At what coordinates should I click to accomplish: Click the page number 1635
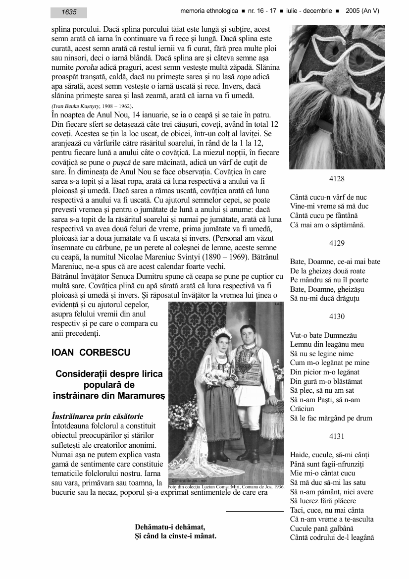[x=69, y=12]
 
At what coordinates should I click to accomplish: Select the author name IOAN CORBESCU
[x=91, y=353]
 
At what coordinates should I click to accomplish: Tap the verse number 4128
[x=337, y=179]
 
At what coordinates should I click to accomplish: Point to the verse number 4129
[x=337, y=243]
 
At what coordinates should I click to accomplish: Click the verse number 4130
[x=337, y=316]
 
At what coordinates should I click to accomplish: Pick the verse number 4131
[x=337, y=436]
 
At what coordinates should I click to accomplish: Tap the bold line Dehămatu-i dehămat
[x=170, y=526]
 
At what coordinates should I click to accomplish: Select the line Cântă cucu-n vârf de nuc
[x=328, y=198]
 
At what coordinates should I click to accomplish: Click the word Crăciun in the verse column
[x=303, y=409]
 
